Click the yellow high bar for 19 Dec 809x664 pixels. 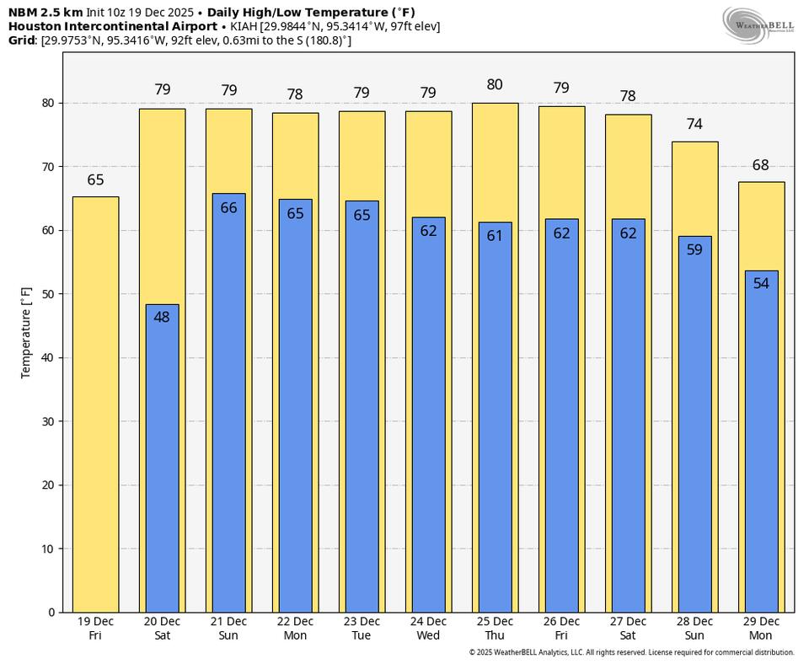(95, 404)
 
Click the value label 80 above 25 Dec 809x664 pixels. (495, 84)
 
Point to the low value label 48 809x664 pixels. (162, 317)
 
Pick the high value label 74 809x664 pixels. (694, 124)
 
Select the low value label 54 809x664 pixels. (761, 283)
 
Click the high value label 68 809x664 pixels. (761, 165)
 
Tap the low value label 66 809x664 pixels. (228, 207)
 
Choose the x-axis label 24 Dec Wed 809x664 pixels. (428, 629)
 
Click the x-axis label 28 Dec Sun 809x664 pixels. (694, 629)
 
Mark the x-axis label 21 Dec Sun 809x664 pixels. (228, 629)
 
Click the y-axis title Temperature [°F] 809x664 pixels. (26, 332)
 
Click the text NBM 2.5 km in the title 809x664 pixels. (46, 13)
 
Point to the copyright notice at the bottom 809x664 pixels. (631, 652)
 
